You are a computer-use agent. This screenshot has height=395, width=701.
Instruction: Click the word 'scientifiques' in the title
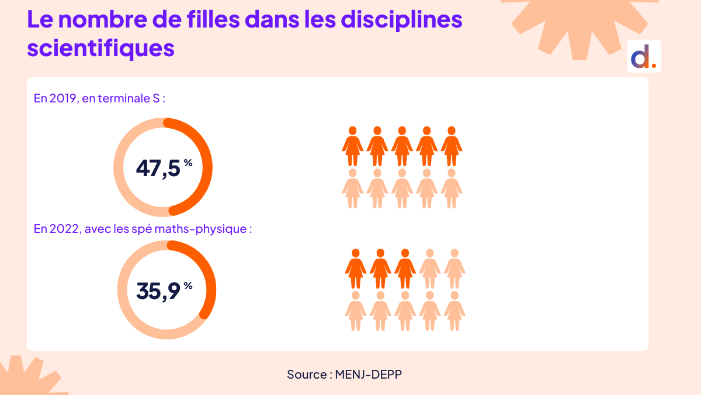click(x=100, y=48)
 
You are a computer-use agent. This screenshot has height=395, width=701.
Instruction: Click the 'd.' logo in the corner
click(x=644, y=57)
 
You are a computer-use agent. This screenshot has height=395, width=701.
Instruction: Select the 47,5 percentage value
click(x=158, y=168)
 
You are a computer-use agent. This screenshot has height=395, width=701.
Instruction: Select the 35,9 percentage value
click(x=158, y=290)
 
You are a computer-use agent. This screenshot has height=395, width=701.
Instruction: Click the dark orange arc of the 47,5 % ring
click(x=204, y=167)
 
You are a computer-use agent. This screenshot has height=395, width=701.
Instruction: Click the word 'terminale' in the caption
click(x=124, y=98)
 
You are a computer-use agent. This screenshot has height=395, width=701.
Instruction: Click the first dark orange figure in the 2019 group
click(x=352, y=146)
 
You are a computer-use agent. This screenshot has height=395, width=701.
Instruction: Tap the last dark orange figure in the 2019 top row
click(x=452, y=146)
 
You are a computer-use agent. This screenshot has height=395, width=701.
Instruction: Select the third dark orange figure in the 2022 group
click(x=405, y=269)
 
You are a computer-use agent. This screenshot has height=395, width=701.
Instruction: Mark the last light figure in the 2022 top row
click(x=454, y=269)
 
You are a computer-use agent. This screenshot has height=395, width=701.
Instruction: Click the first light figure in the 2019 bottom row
click(x=352, y=188)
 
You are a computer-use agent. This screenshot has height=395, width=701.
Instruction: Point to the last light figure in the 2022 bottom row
click(x=454, y=311)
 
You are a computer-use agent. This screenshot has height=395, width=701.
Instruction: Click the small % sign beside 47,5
click(x=188, y=163)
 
